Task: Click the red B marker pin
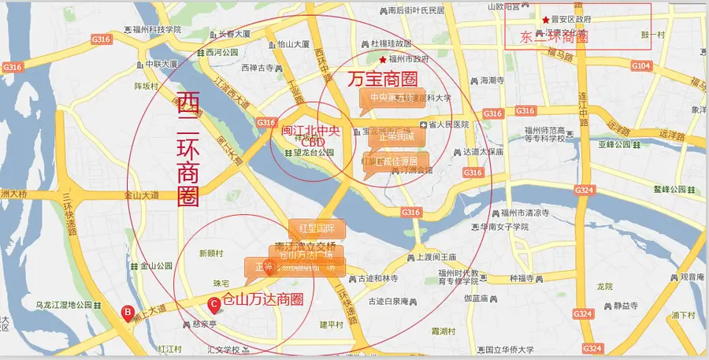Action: click(x=128, y=313)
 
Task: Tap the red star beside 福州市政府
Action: click(x=383, y=59)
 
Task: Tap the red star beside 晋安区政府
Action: click(x=545, y=19)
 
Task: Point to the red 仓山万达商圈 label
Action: click(x=264, y=300)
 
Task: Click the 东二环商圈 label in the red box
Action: click(x=555, y=36)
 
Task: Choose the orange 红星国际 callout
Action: click(x=317, y=228)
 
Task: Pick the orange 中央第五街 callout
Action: click(x=392, y=98)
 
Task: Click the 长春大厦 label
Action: click(x=234, y=34)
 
